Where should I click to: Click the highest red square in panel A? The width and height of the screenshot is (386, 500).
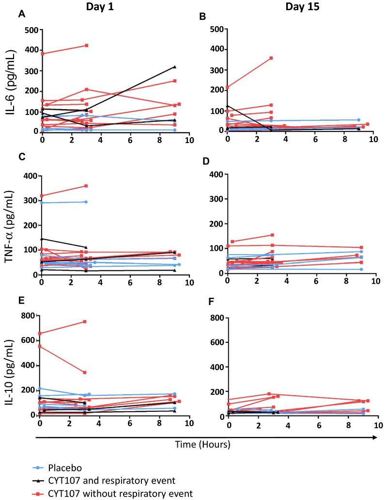(x=86, y=46)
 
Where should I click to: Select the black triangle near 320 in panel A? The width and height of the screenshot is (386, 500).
(x=174, y=67)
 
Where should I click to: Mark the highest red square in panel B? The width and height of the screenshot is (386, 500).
(x=271, y=58)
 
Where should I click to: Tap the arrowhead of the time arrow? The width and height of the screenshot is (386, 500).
(x=374, y=436)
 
